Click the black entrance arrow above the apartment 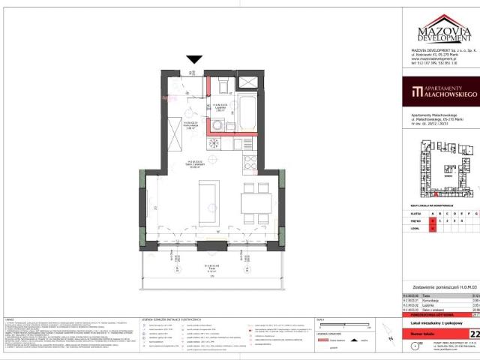pos(195,59)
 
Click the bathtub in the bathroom pos(247,112)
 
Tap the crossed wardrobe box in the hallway pos(172,136)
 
